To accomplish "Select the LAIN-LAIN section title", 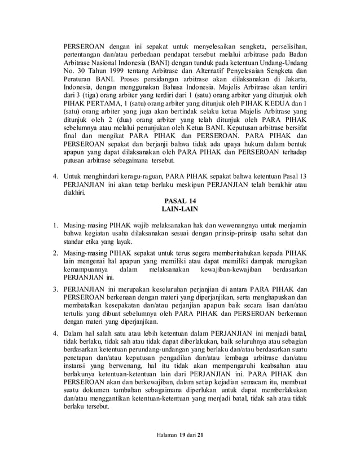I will coord(181,210).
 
